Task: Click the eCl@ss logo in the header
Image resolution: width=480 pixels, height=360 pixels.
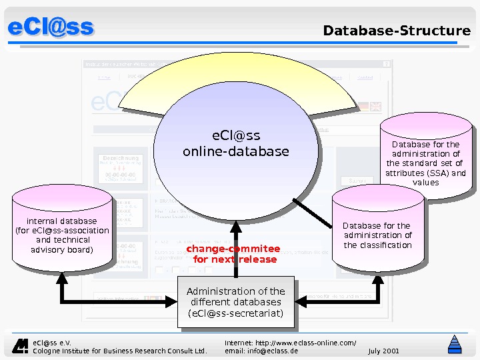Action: (51, 27)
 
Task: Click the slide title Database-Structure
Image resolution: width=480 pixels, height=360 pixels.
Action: (397, 31)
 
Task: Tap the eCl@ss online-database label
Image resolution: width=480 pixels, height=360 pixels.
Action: (236, 144)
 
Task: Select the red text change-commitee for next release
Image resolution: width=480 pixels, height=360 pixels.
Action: (233, 254)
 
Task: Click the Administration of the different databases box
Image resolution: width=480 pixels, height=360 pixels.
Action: (235, 302)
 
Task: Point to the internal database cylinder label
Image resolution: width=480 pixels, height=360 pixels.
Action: (62, 235)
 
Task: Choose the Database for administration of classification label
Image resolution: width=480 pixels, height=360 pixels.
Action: (377, 235)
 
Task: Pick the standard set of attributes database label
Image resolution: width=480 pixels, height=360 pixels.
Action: (425, 163)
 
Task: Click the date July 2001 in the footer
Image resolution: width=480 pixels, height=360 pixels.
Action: (383, 351)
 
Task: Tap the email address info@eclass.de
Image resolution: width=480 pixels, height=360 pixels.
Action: (261, 351)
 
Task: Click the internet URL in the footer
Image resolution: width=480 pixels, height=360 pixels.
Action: (290, 342)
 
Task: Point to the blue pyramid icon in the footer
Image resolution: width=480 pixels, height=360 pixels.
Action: (455, 345)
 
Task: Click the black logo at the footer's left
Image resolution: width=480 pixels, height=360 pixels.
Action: (21, 345)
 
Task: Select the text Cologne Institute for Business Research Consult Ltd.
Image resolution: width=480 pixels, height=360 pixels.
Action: (120, 351)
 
